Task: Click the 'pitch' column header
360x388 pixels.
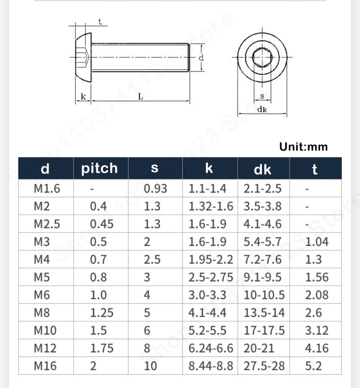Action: [99, 169]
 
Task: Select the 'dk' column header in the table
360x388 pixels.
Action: [263, 169]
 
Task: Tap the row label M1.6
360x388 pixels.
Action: [46, 188]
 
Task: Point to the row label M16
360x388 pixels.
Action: [45, 366]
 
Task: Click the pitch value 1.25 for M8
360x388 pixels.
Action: [102, 312]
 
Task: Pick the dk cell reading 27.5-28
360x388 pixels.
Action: [264, 366]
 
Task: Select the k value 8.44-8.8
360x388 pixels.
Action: [211, 366]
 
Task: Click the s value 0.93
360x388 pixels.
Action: [155, 188]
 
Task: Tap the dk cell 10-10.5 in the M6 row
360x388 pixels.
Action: [264, 295]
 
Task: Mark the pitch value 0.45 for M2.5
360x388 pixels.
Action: [102, 224]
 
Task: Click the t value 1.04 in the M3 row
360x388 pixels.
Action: [317, 242]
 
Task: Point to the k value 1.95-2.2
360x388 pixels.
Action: [211, 259]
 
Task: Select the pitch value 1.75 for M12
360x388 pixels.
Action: [102, 348]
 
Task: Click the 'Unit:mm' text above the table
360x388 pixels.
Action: [303, 147]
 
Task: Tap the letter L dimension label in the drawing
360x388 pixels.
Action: [140, 96]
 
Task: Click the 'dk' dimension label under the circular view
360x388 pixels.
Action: [262, 109]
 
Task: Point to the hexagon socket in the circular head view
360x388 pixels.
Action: [262, 58]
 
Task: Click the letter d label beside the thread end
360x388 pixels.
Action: [201, 58]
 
